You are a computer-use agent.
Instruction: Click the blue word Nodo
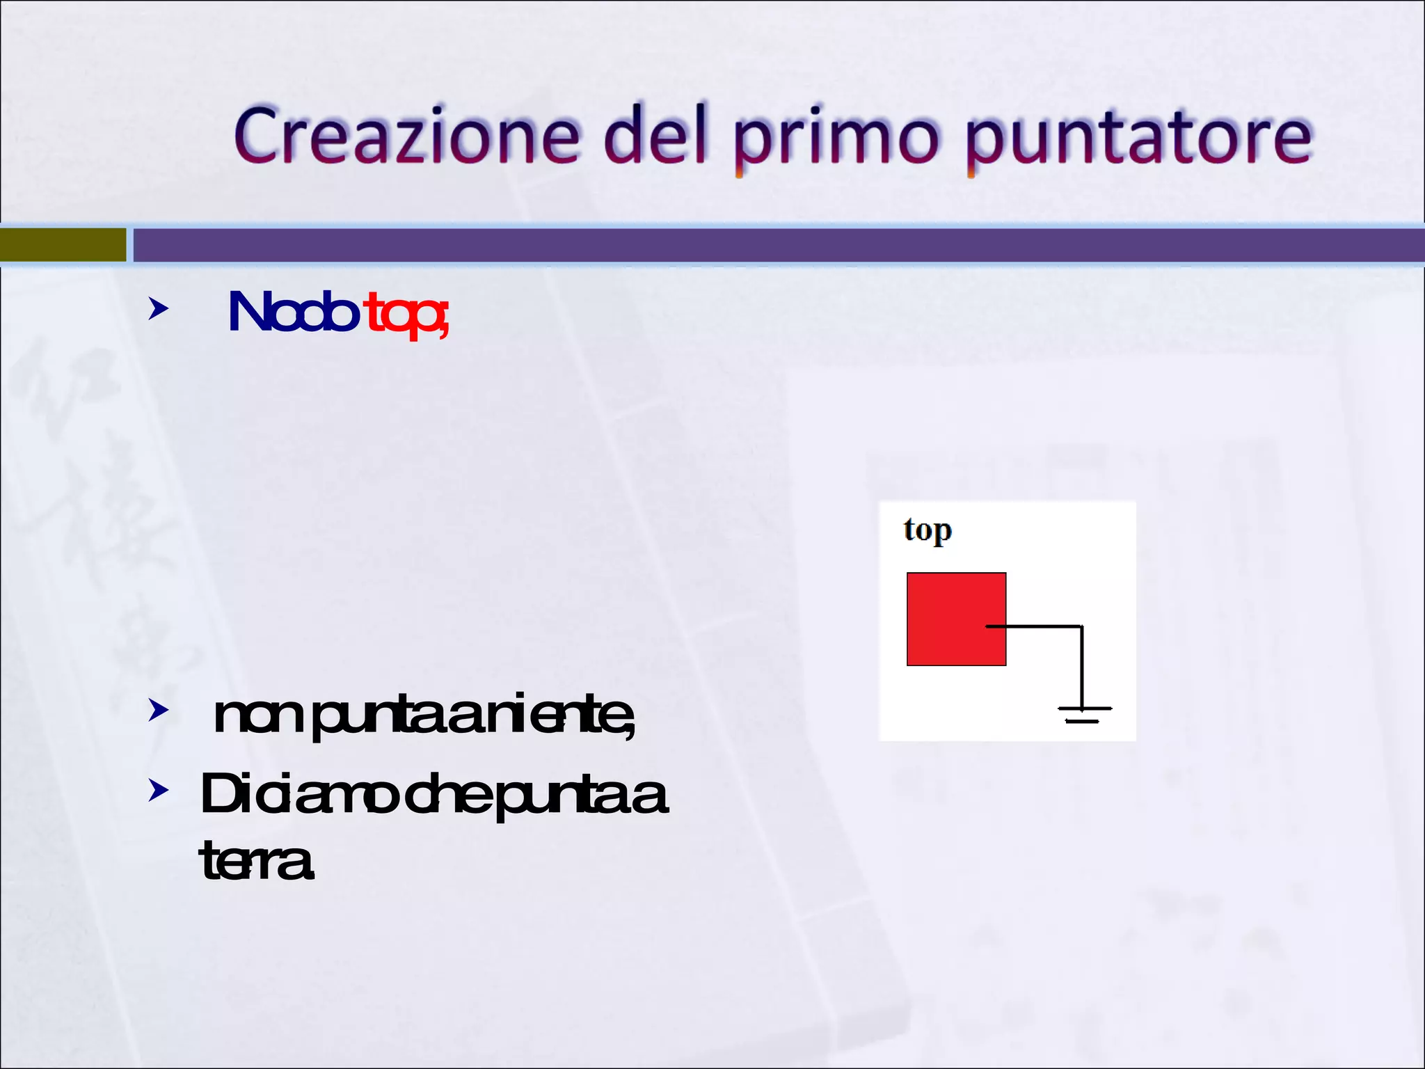pos(292,313)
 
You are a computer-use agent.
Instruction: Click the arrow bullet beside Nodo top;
pos(158,309)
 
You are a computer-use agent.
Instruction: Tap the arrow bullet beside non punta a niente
pos(158,711)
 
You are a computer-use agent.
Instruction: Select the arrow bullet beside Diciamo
pos(158,791)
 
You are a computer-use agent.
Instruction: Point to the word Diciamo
pos(299,795)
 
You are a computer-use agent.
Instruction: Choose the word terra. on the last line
pos(257,862)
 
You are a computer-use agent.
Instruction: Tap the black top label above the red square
pos(928,531)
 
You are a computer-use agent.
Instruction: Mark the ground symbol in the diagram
pos(1083,714)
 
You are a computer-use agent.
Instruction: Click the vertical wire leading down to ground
pos(1081,665)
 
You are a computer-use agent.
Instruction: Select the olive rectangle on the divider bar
pos(63,245)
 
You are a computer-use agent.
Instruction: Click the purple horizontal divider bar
pos(765,245)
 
